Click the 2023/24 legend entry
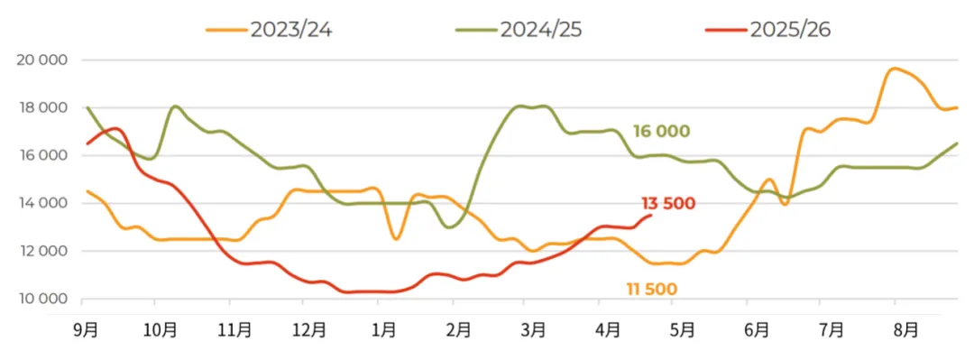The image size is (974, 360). [x=269, y=30]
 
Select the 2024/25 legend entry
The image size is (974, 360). [x=519, y=30]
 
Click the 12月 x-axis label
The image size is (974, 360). [x=310, y=330]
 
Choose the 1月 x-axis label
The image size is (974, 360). [x=384, y=330]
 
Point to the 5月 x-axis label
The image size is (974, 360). [x=682, y=330]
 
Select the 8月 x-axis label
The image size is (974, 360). [x=905, y=330]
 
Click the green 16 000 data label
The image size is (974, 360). [x=662, y=131]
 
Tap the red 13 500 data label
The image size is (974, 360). [x=667, y=203]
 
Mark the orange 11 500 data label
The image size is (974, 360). [x=652, y=289]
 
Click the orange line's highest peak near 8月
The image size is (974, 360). [x=895, y=69]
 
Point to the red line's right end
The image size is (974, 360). [x=650, y=215]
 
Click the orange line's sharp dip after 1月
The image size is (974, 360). [x=396, y=239]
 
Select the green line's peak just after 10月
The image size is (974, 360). [x=175, y=107]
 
